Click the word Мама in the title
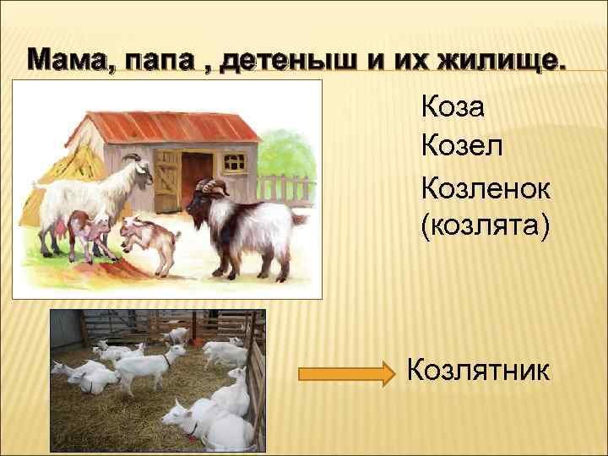click(67, 61)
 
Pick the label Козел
click(462, 145)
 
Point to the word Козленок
click(486, 188)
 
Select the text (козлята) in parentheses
click(485, 225)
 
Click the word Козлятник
click(478, 370)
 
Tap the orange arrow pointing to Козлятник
click(346, 374)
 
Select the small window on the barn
click(235, 162)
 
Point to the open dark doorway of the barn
click(197, 179)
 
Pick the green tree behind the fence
click(287, 155)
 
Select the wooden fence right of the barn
click(286, 189)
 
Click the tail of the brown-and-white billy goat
click(299, 218)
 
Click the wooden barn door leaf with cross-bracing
click(167, 182)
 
